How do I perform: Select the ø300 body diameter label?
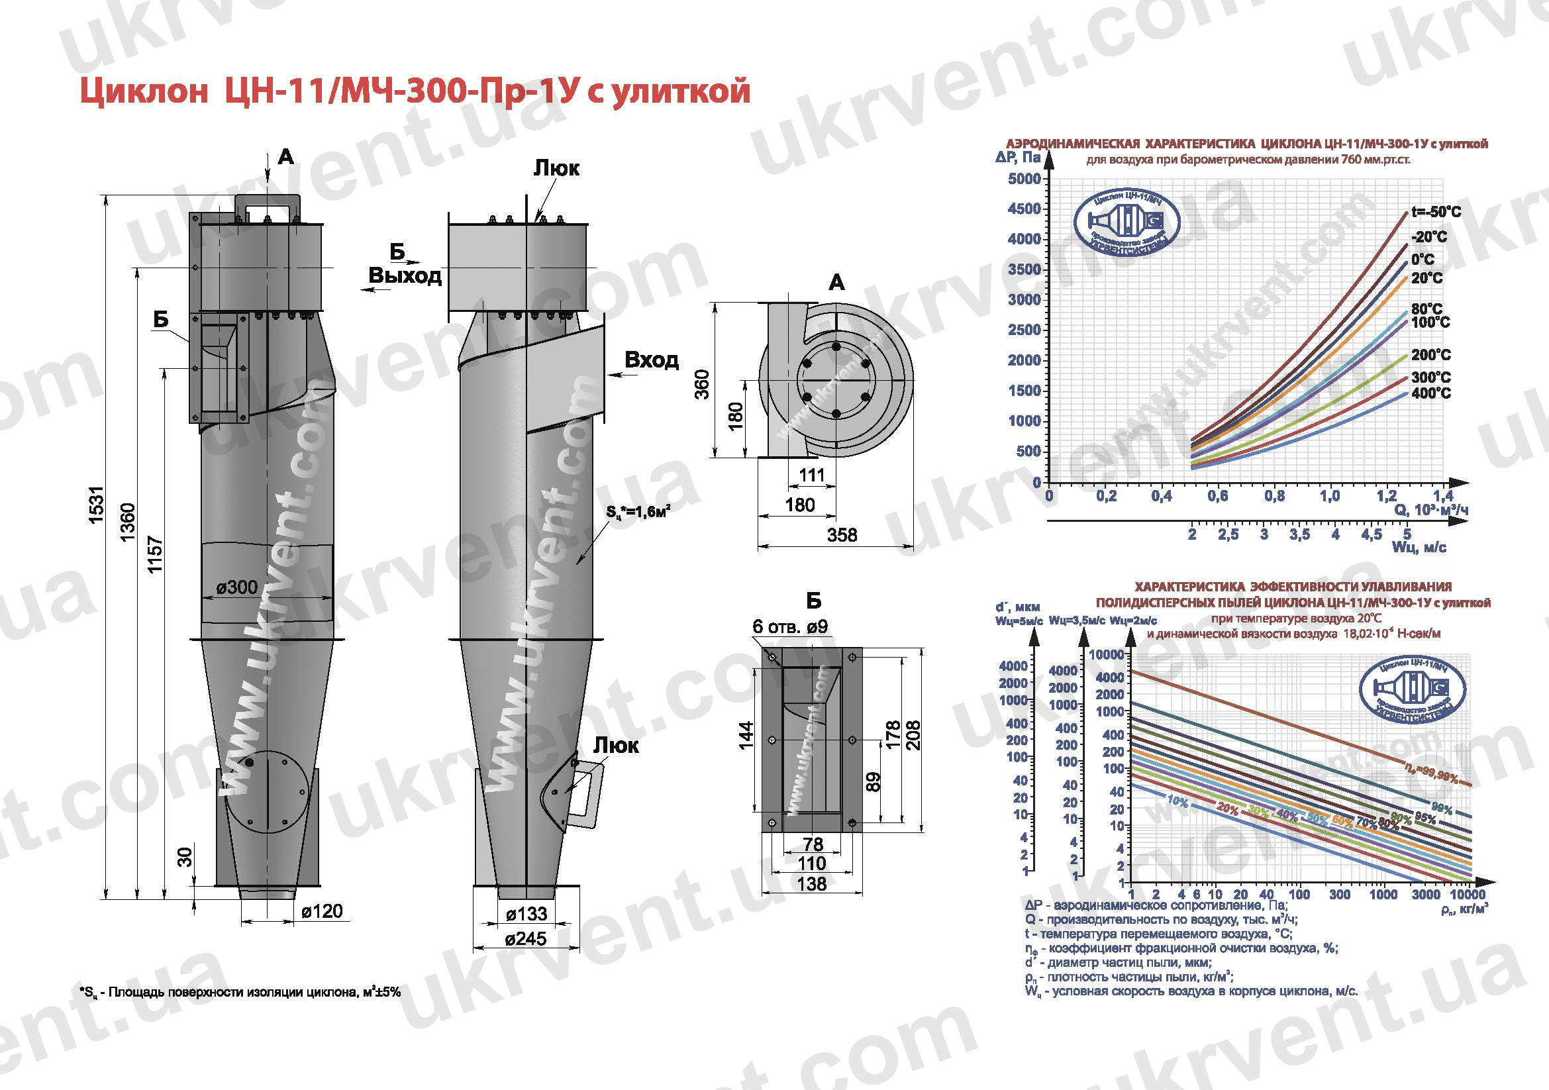[x=237, y=587]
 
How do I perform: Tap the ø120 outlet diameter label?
[x=322, y=912]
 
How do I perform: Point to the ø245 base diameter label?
[x=526, y=939]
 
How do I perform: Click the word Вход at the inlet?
[x=651, y=360]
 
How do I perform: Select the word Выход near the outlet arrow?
[x=405, y=275]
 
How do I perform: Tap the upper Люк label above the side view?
[x=556, y=168]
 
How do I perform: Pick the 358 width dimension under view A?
[x=842, y=535]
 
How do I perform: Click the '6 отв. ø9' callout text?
[x=790, y=626]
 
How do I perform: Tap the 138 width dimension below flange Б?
[x=811, y=883]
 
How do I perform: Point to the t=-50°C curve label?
[x=1436, y=212]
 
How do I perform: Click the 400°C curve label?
[x=1430, y=393]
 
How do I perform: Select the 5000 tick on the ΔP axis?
[x=1024, y=179]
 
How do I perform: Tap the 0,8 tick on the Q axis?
[x=1274, y=497]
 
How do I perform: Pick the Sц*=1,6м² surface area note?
[x=637, y=513]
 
